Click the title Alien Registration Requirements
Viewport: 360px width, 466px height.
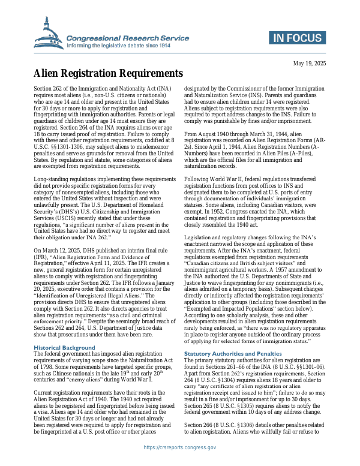point(108,74)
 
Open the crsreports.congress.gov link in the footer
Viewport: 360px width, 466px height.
point(180,447)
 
